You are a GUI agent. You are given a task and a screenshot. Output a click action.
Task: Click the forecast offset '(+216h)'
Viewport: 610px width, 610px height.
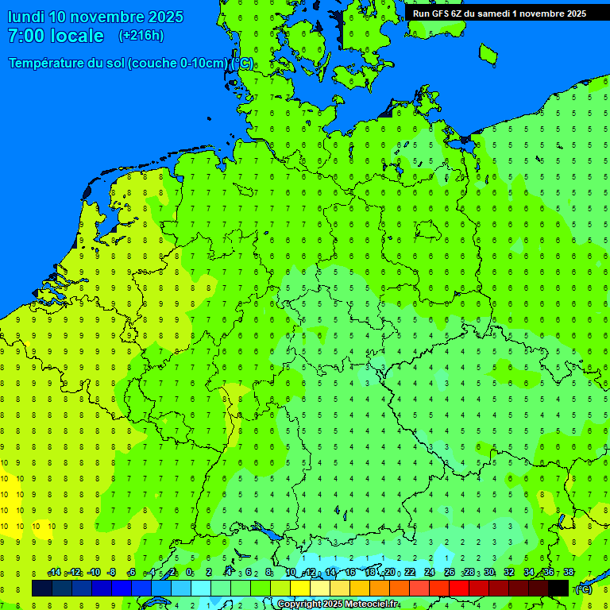pos(141,36)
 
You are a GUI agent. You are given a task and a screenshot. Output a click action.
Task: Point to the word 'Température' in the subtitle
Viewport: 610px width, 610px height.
pos(48,64)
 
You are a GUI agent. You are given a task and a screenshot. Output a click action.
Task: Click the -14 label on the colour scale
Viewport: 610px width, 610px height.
pos(54,573)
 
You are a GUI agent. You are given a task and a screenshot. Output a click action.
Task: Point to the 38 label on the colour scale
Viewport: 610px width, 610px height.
pos(569,573)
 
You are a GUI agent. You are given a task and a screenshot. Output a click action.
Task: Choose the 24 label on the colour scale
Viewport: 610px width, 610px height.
pos(430,573)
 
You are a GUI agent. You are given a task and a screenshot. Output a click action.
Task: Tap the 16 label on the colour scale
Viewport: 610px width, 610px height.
pos(350,573)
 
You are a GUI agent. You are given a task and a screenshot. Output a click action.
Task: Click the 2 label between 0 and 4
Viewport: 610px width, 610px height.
pos(208,573)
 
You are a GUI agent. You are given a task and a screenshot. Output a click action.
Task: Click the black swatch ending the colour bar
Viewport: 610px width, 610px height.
pos(558,588)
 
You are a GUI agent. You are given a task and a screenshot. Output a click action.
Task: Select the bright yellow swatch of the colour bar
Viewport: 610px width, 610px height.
pos(300,588)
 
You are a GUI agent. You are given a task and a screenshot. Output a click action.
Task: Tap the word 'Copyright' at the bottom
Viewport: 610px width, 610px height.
pos(299,604)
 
